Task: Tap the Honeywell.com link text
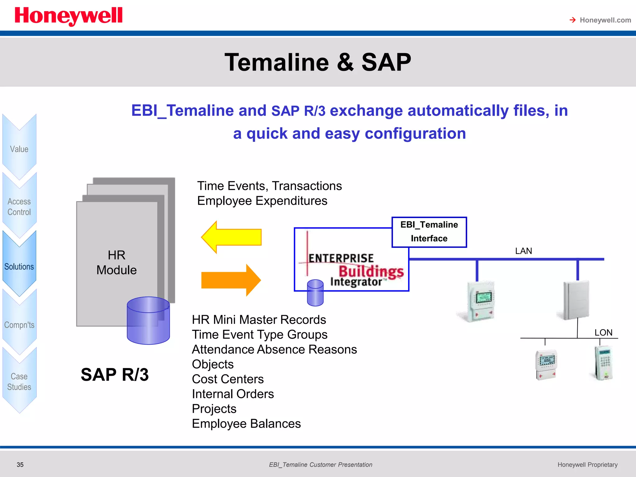point(605,20)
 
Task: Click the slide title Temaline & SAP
point(318,62)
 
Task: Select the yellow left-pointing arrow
point(231,237)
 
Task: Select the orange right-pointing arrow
point(231,280)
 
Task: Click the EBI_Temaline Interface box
point(429,232)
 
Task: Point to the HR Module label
point(116,262)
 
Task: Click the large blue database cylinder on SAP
point(148,320)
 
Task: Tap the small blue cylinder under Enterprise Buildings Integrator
point(315,293)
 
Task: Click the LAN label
point(523,251)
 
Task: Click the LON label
point(603,333)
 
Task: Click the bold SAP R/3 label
point(115,375)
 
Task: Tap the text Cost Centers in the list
point(228,379)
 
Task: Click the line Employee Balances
point(246,424)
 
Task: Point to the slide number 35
point(20,465)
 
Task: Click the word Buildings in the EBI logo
point(371,271)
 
